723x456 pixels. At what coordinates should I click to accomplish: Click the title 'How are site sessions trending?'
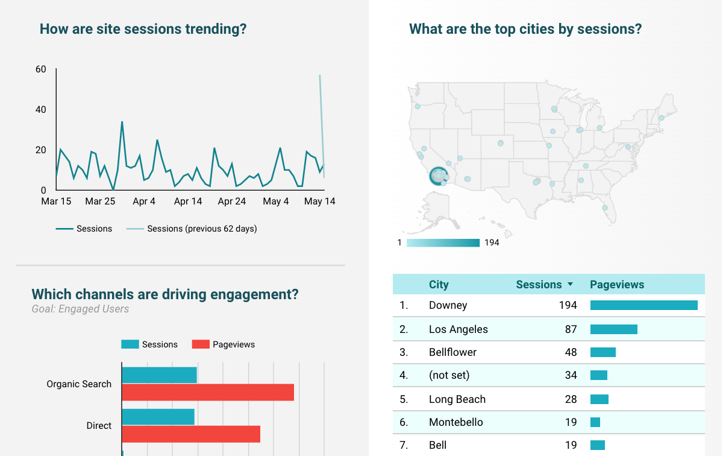(x=143, y=29)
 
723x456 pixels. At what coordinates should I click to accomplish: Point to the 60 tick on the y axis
(x=41, y=69)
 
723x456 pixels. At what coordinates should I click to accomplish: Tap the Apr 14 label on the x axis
(x=188, y=201)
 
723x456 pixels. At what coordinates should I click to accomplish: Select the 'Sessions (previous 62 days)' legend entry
(x=202, y=229)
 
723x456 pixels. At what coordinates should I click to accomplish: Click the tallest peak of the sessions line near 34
(x=122, y=122)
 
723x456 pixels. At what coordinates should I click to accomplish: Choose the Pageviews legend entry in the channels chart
(x=233, y=344)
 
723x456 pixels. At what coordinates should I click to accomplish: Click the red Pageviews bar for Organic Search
(x=208, y=392)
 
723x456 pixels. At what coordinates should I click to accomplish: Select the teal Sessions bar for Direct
(x=158, y=417)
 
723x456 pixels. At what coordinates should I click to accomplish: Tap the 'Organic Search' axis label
(x=79, y=384)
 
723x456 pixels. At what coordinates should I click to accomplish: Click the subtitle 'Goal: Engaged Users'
(x=80, y=309)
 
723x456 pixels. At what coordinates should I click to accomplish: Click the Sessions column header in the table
(x=539, y=285)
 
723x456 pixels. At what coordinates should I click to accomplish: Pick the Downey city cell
(x=448, y=305)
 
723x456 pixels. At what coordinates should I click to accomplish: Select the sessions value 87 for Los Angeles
(x=571, y=329)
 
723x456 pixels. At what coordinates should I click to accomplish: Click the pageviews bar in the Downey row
(x=643, y=305)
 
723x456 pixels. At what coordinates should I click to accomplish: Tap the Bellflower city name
(x=452, y=352)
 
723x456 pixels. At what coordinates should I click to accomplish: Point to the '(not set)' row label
(x=449, y=375)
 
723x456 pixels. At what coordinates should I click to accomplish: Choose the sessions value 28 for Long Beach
(x=571, y=399)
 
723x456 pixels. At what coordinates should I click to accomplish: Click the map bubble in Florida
(x=605, y=208)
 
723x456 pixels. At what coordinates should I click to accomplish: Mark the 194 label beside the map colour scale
(x=492, y=242)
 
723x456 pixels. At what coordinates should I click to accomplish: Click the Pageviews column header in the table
(x=617, y=285)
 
